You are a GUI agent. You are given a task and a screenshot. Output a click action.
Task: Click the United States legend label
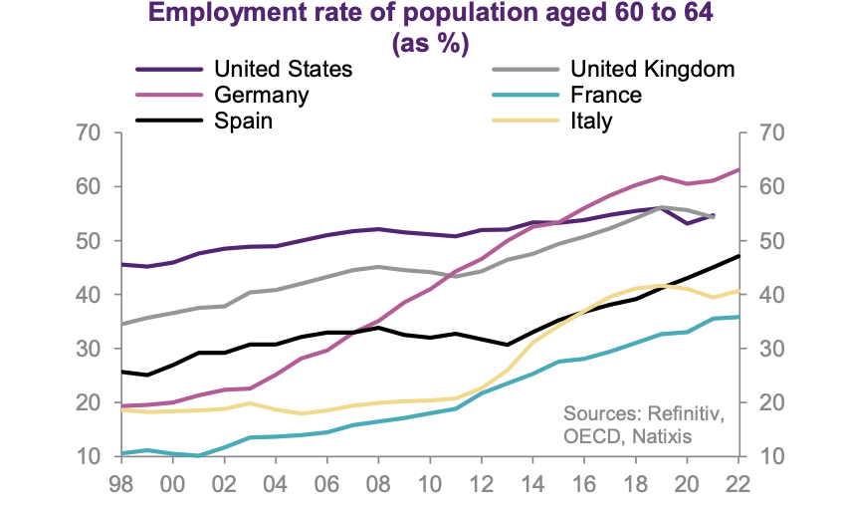283,70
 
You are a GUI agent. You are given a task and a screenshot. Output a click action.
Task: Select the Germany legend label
261,96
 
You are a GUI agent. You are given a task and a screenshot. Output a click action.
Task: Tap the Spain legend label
243,122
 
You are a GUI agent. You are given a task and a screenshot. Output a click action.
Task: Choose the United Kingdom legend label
652,70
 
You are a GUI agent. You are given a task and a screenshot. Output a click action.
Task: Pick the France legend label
605,96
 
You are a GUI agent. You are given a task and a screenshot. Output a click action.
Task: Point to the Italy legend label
591,122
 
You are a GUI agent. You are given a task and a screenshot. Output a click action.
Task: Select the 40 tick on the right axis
772,295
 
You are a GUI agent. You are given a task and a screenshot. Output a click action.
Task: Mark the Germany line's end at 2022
737,170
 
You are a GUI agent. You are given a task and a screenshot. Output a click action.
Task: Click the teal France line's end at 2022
737,317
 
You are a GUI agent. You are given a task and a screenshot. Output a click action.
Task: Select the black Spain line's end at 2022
737,256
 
